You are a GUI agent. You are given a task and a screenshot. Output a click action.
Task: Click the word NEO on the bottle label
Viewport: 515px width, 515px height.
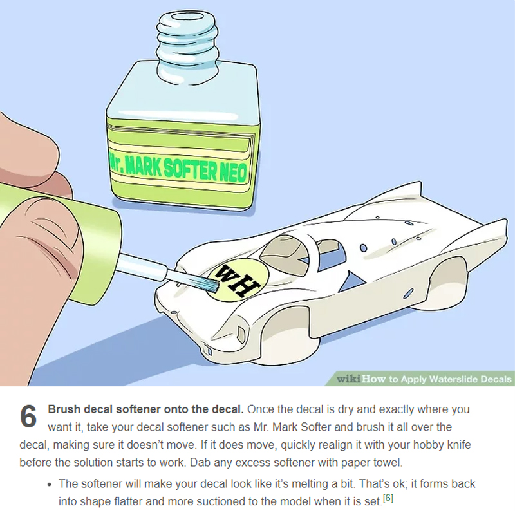point(233,172)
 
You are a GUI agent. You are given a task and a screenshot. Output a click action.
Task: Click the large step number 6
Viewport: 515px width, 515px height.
point(28,416)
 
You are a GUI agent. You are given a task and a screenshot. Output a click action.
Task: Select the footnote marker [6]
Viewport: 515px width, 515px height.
point(388,498)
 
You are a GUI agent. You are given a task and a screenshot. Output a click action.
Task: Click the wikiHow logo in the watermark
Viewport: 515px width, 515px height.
point(361,379)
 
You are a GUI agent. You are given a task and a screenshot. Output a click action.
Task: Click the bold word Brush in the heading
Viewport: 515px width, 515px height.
point(64,409)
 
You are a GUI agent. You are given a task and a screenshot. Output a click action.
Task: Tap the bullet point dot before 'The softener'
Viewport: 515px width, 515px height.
point(50,485)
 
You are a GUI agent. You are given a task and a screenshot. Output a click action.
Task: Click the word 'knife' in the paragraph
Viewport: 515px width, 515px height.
point(459,445)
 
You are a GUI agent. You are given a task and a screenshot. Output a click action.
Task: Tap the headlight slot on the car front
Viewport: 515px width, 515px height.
point(242,334)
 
